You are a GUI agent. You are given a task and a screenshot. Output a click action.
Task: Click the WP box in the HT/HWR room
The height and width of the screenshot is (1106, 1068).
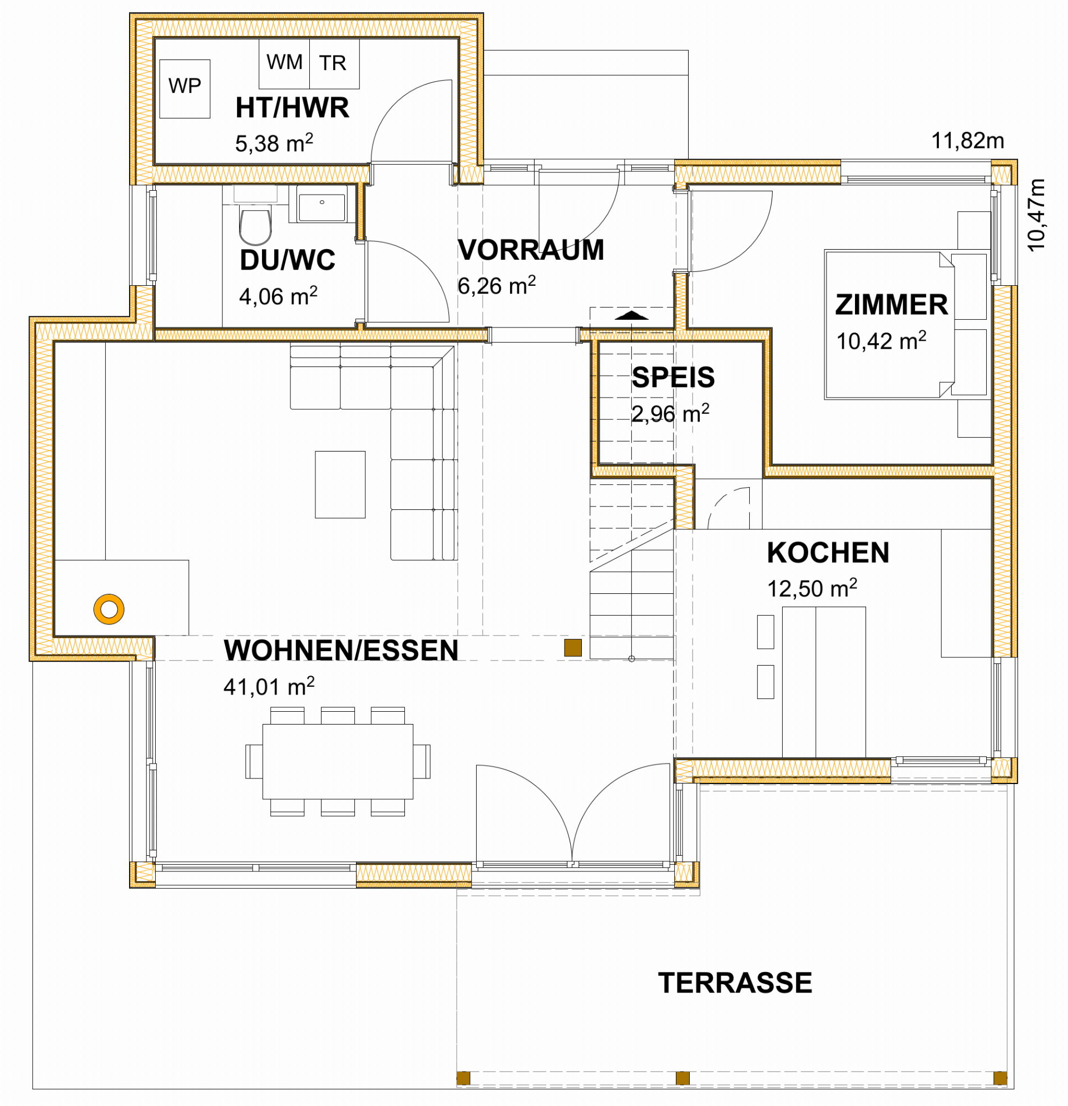pyautogui.click(x=185, y=88)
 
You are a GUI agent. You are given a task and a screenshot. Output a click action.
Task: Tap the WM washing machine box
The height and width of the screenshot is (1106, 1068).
pyautogui.click(x=284, y=63)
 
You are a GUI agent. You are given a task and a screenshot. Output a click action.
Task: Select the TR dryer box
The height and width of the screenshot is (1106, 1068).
pyautogui.click(x=334, y=63)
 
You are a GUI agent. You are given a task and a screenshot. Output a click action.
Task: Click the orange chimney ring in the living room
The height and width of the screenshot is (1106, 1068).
pyautogui.click(x=108, y=609)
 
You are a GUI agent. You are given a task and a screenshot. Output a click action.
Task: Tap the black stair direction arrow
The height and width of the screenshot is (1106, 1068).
pyautogui.click(x=631, y=315)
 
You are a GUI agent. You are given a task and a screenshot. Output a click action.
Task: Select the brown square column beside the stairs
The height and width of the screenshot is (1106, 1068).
pyautogui.click(x=572, y=647)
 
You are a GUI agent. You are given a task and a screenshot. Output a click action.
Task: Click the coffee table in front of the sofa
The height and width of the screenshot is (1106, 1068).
pyautogui.click(x=340, y=484)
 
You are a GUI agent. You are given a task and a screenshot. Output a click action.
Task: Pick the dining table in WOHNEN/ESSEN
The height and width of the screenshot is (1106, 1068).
pyautogui.click(x=338, y=761)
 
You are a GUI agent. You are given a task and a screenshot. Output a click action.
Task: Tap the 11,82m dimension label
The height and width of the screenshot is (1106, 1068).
pyautogui.click(x=967, y=141)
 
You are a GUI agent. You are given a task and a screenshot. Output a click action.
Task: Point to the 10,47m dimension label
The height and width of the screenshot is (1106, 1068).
pyautogui.click(x=1036, y=215)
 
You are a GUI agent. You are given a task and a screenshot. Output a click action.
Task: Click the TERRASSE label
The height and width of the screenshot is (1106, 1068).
pyautogui.click(x=734, y=983)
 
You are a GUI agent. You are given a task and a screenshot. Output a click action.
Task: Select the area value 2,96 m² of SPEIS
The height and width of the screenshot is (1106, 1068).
pyautogui.click(x=670, y=414)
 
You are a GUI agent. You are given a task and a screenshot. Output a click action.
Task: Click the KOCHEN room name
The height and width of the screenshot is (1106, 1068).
pyautogui.click(x=827, y=552)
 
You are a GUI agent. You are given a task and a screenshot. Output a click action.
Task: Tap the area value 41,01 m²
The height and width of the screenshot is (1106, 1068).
pyautogui.click(x=269, y=686)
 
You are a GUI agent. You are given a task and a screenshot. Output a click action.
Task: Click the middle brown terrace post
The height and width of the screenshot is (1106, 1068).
pyautogui.click(x=682, y=1078)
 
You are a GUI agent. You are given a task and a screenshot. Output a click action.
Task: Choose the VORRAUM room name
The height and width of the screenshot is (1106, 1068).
pyautogui.click(x=530, y=250)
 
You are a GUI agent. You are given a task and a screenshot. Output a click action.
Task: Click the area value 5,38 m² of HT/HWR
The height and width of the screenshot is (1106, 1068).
pyautogui.click(x=274, y=143)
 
